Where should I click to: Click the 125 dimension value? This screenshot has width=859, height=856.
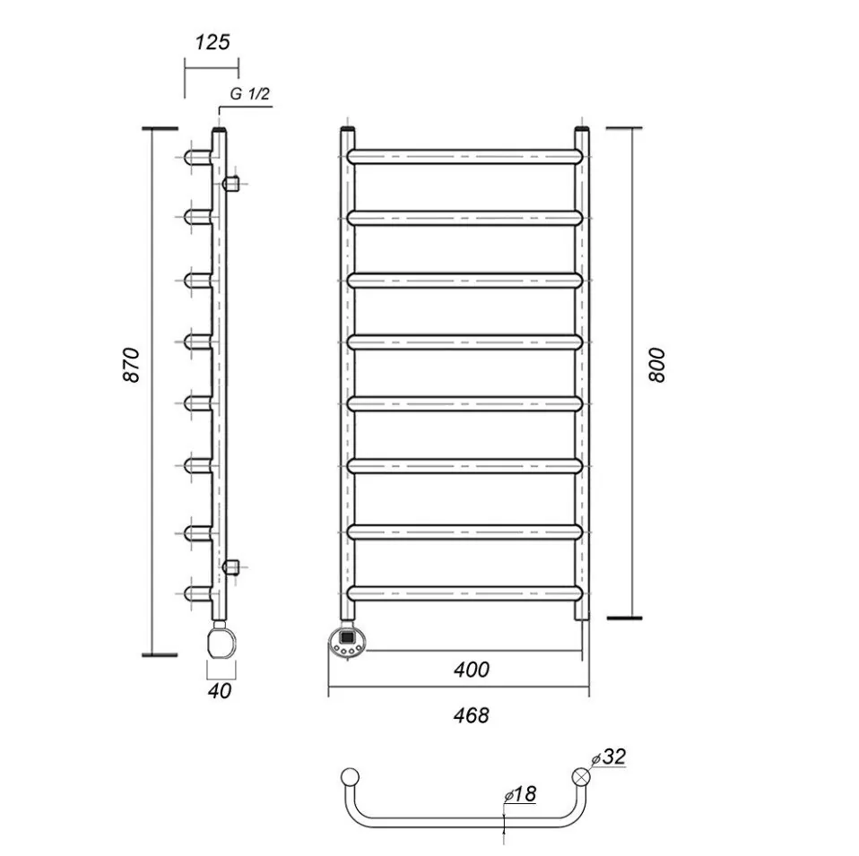click(x=212, y=42)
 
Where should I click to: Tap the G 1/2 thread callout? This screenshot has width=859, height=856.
click(x=250, y=95)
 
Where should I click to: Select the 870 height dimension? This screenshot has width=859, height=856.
click(x=132, y=364)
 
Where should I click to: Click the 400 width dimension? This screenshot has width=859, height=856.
click(x=472, y=669)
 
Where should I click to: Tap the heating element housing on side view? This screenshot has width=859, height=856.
click(x=221, y=642)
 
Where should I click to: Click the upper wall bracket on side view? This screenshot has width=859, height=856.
click(x=230, y=184)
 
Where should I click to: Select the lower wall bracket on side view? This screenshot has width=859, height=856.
click(x=230, y=566)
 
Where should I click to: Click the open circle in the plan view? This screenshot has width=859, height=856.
click(x=350, y=776)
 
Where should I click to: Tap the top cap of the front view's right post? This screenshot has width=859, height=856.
click(x=582, y=131)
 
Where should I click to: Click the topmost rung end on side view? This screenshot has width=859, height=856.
click(x=193, y=157)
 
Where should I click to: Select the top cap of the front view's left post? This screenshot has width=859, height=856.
click(x=347, y=131)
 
